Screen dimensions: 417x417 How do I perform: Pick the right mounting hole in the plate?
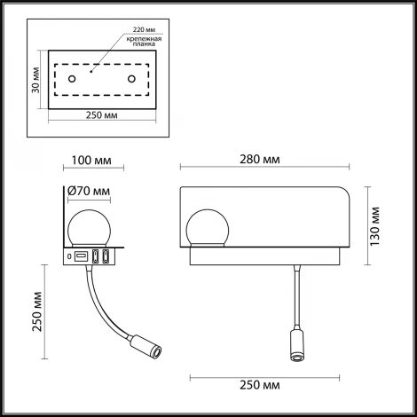click(132, 81)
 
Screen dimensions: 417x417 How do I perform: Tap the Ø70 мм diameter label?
click(90, 191)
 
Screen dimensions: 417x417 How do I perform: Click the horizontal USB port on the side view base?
click(81, 257)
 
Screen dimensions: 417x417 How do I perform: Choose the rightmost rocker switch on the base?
click(106, 257)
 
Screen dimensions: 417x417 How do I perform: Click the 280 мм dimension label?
click(264, 160)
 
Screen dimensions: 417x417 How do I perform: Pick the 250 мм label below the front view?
click(264, 386)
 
